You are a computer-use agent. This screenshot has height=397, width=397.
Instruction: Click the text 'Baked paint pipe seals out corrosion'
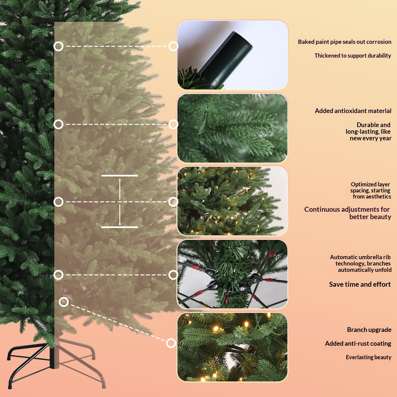coord(344,42)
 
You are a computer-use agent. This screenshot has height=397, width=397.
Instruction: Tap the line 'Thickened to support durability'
coord(353,56)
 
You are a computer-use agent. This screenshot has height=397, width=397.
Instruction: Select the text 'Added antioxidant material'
coord(353,111)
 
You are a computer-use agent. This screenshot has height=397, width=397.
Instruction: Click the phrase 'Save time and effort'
coord(360,284)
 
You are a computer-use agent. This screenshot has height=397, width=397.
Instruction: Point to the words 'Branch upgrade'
coord(369,330)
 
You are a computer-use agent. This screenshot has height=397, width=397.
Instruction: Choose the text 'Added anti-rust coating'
coord(358,344)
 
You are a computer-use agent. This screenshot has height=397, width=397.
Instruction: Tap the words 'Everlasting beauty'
coord(369,357)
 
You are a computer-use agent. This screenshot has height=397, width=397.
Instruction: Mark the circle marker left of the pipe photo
coord(173,46)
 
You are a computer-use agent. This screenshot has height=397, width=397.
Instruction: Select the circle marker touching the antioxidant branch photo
coord(173,124)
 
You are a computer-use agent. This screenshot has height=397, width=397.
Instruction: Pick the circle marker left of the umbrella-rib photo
coord(173,275)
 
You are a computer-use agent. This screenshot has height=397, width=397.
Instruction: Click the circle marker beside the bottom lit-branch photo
coord(171,343)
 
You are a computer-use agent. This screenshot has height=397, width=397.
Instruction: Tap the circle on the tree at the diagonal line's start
coord(64,302)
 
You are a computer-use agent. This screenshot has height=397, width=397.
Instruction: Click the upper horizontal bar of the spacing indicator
coord(119,176)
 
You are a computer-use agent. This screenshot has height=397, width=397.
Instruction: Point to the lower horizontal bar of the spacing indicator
coord(119,227)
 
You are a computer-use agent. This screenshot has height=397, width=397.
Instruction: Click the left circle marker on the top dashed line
coord(58,46)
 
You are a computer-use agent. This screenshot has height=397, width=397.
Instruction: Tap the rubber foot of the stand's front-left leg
coord(10,386)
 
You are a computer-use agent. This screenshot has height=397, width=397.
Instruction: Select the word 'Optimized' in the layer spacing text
coord(361,184)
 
